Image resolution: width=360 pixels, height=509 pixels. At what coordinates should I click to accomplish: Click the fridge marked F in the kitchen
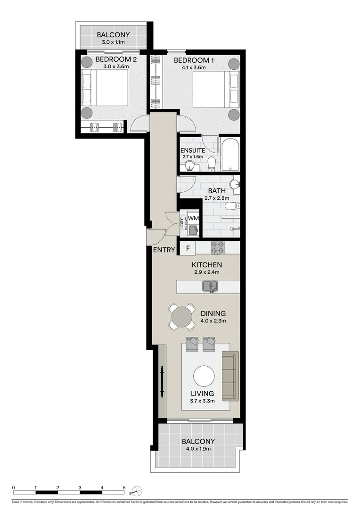pos(188,248)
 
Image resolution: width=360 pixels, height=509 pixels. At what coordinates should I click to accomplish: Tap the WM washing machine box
pos(193,219)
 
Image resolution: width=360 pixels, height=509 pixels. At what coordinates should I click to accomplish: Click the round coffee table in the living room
pos(204,376)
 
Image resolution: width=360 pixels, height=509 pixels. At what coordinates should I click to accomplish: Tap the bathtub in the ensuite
pos(230,155)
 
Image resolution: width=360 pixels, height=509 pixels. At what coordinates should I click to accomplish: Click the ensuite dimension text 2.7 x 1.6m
pos(192,157)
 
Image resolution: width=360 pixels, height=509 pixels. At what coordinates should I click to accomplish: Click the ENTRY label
pos(164,250)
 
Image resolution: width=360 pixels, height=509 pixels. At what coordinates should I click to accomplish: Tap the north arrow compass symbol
pos(135,491)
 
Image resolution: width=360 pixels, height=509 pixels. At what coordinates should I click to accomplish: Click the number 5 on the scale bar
pos(124,488)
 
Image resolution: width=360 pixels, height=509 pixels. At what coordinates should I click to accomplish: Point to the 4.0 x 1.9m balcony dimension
pos(198,449)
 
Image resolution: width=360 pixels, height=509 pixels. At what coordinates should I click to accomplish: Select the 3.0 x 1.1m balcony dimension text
pos(113,42)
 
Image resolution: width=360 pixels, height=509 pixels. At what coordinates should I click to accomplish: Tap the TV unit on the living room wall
pos(162,382)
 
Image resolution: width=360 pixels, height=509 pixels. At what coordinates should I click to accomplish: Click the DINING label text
pos(213,313)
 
